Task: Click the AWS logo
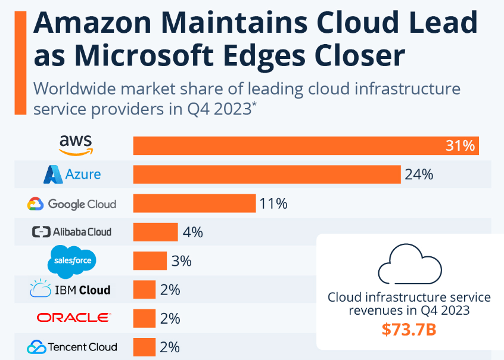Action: click(x=76, y=143)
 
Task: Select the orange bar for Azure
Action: click(x=266, y=175)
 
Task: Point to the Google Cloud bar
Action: click(x=194, y=203)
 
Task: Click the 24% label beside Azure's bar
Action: click(x=419, y=175)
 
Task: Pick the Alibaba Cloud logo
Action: click(x=71, y=232)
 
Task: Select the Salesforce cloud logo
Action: click(x=71, y=260)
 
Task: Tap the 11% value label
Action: click(x=273, y=203)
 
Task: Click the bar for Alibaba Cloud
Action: click(x=155, y=232)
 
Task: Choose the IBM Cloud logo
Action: click(x=70, y=290)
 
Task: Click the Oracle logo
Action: click(x=73, y=318)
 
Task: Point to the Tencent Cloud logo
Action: click(x=72, y=346)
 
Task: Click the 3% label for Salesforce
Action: click(x=181, y=260)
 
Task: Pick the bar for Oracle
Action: click(x=144, y=318)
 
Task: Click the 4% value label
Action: click(x=192, y=232)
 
